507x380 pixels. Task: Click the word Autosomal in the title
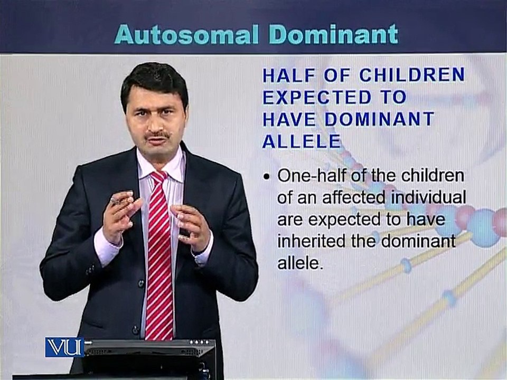point(186,34)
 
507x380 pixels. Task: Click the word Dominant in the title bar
point(334,34)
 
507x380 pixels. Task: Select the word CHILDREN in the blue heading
point(412,75)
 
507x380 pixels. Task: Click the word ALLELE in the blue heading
point(302,141)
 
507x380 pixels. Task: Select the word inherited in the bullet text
point(312,242)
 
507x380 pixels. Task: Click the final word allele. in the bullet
point(301,263)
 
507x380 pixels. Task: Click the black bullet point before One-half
point(266,177)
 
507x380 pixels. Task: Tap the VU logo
point(64,347)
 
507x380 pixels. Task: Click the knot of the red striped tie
point(159,177)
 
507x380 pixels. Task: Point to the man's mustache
point(158,134)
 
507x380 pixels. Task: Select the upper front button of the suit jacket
point(141,284)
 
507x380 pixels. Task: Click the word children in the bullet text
point(433,176)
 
